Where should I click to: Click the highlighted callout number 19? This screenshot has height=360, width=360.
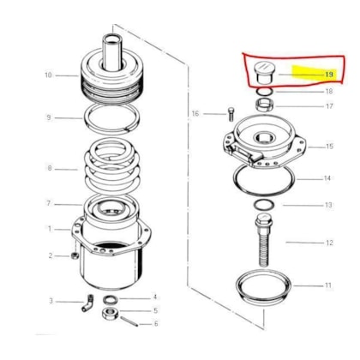329,75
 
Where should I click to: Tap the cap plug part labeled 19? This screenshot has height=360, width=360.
263,73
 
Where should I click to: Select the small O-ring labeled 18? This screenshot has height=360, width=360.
264,92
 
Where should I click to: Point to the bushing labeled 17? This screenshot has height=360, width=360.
264,105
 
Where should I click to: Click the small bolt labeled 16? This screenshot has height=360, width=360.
231,114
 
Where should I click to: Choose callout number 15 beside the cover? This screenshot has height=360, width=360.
329,147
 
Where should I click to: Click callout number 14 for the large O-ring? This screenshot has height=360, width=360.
327,178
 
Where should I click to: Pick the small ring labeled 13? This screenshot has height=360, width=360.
264,205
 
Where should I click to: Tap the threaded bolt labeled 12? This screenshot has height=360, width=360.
264,240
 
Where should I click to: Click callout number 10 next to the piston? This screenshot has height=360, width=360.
48,75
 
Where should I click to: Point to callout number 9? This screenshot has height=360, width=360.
49,117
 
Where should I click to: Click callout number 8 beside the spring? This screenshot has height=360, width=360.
50,168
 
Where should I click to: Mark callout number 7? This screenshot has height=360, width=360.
49,203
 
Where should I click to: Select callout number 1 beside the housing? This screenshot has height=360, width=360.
50,229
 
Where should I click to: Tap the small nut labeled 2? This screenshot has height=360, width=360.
74,255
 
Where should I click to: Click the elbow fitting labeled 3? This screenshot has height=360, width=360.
87,303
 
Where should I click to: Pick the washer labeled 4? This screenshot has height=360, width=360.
111,299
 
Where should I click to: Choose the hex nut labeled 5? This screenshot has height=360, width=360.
111,313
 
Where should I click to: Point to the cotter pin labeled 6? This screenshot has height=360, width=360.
129,321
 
